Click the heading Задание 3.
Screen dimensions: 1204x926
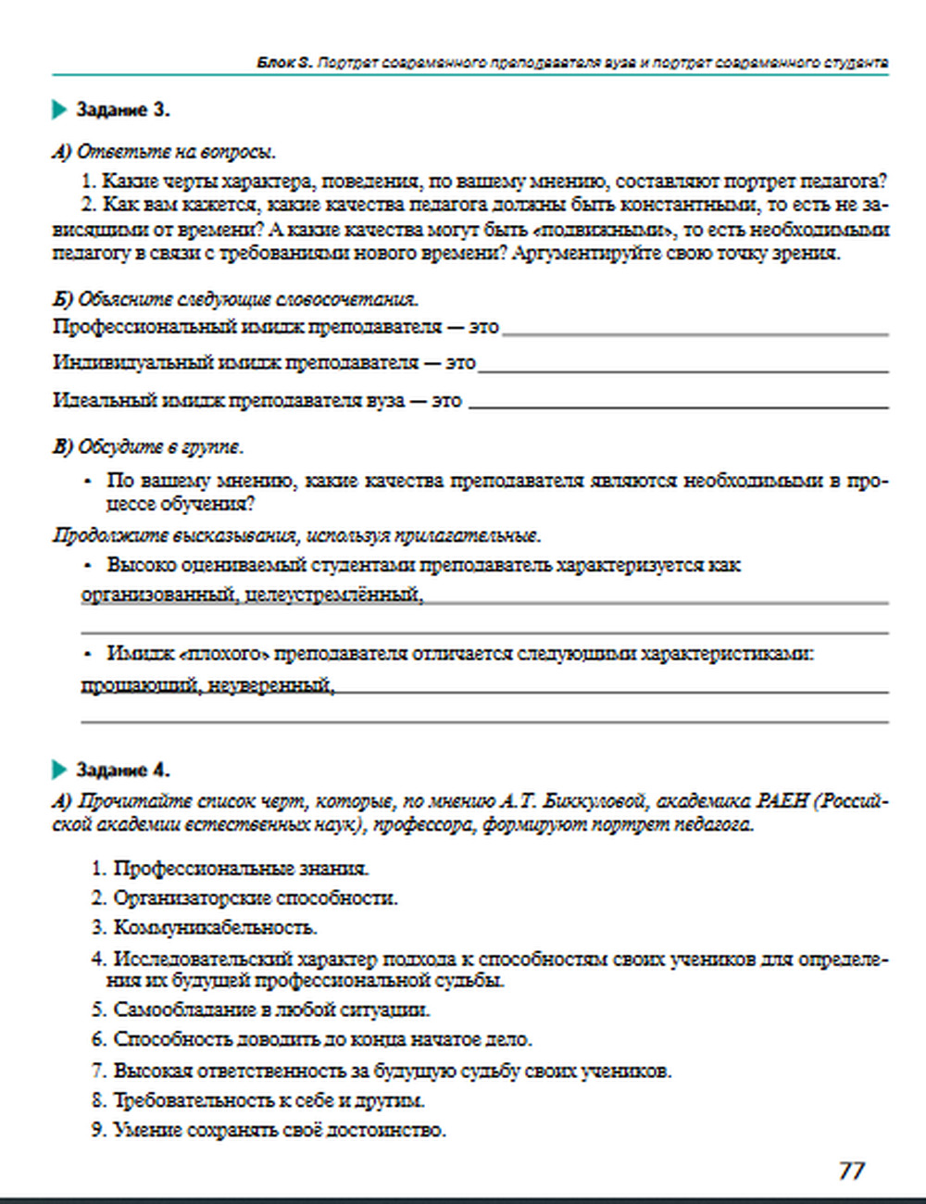click(x=122, y=110)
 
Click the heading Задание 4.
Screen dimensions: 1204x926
click(x=122, y=771)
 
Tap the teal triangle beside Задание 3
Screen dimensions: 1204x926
click(x=60, y=110)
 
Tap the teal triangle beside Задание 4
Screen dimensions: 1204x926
click(x=60, y=771)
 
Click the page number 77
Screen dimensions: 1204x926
click(x=851, y=1171)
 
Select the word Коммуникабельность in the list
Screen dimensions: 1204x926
click(x=215, y=927)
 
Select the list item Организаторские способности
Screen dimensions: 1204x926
click(x=256, y=897)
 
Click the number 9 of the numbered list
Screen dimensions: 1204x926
click(x=98, y=1130)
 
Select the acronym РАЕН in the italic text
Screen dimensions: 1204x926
click(x=782, y=801)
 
